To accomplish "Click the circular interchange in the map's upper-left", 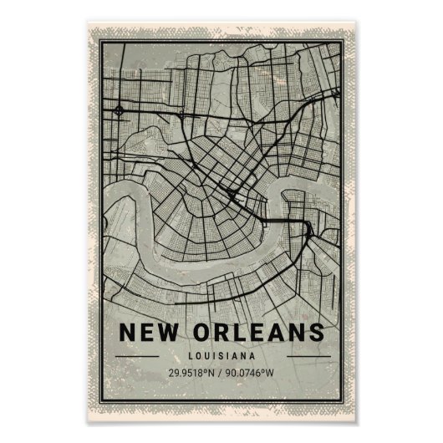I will [x=119, y=109].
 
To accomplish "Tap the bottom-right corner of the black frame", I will [x=344, y=400].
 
